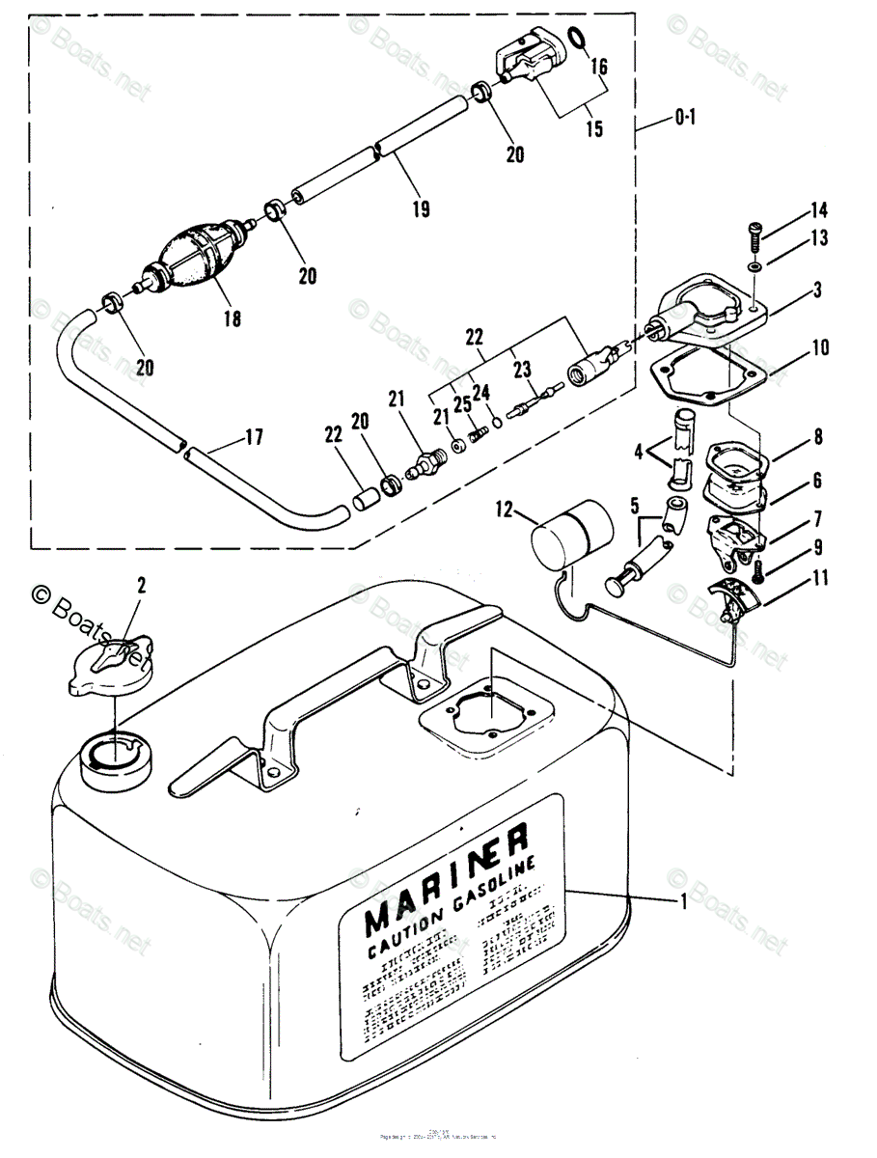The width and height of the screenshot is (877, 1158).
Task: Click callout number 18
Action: (232, 317)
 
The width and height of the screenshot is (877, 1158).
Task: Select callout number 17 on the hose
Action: (253, 438)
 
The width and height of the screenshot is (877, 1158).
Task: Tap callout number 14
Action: (818, 209)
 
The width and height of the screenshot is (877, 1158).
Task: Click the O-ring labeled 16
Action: (576, 38)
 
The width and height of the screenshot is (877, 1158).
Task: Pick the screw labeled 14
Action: (754, 233)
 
